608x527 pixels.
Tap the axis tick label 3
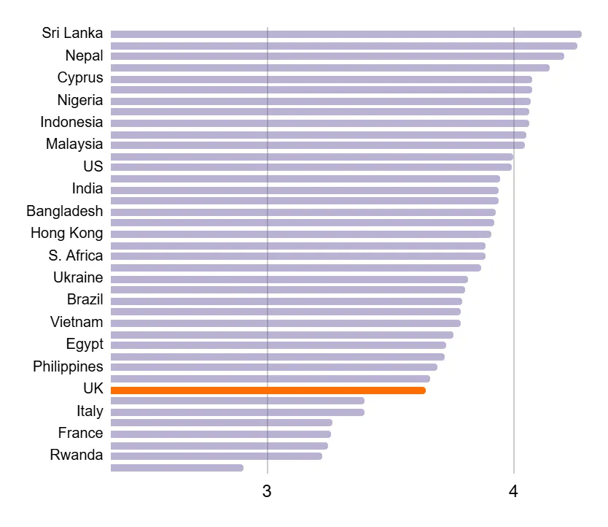(267, 491)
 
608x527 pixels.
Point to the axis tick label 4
(513, 491)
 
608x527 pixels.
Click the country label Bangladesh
(65, 212)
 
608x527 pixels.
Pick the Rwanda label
(77, 455)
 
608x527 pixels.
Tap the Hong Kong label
(66, 234)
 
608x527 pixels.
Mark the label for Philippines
(68, 366)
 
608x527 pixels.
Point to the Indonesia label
(71, 123)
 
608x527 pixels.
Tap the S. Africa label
(76, 256)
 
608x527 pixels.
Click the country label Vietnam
(77, 323)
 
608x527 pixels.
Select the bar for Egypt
(278, 345)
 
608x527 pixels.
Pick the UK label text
(93, 389)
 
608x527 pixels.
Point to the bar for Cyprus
(321, 79)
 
